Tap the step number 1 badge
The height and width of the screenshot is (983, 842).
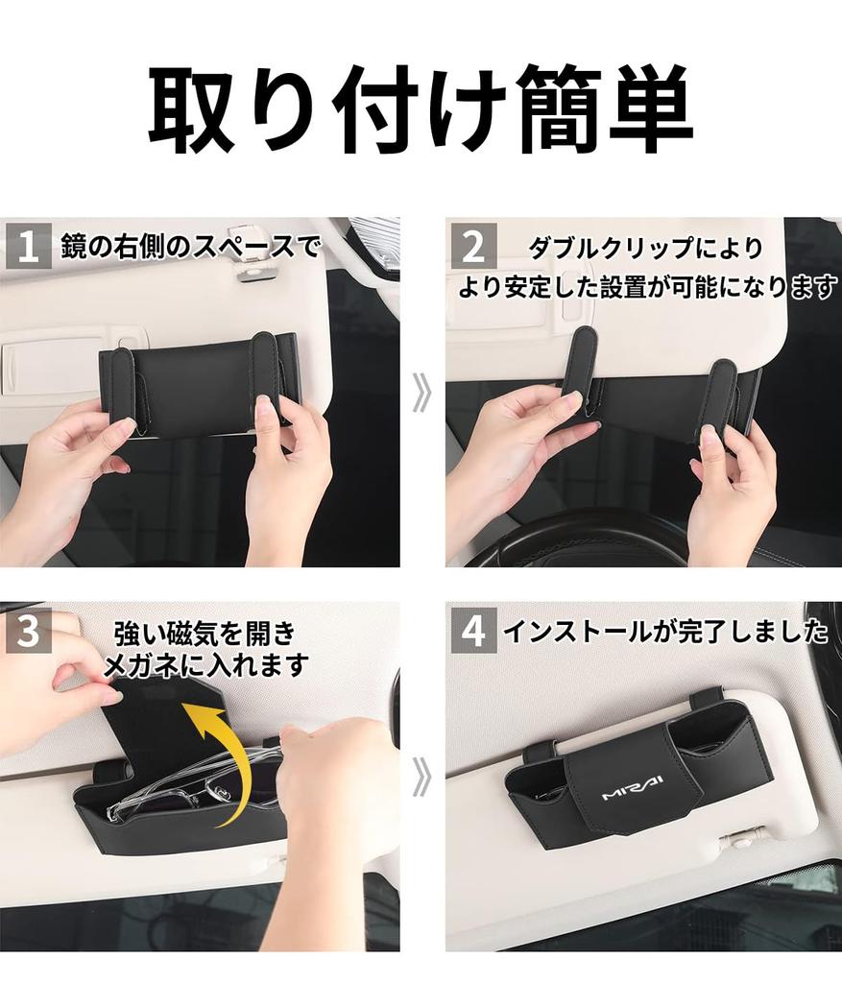pos(28,247)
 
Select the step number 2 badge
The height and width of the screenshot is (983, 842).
pos(473,247)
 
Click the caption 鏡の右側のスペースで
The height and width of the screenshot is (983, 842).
pos(189,248)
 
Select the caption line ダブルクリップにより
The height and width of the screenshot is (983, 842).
pos(645,248)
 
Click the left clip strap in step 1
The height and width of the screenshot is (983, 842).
pos(123,389)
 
